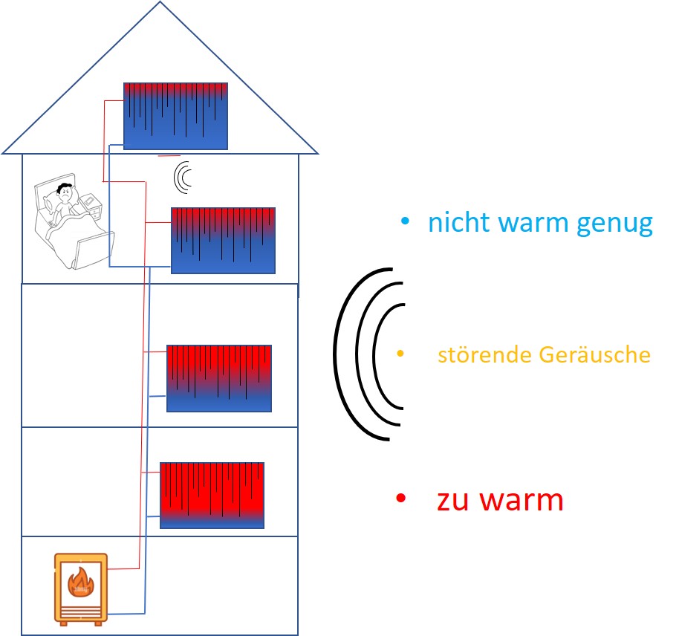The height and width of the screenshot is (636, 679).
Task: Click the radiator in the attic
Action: tap(175, 116)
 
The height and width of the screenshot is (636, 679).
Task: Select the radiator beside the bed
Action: tap(223, 240)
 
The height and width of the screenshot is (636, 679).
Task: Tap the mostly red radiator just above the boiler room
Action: tap(212, 495)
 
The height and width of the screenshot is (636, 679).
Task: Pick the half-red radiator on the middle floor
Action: tap(218, 377)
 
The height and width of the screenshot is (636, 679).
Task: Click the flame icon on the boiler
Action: tap(79, 580)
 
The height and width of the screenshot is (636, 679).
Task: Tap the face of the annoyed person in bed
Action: tap(65, 192)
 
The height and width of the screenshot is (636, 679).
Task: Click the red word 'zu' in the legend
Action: tap(454, 499)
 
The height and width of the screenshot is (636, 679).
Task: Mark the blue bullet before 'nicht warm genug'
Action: tap(405, 221)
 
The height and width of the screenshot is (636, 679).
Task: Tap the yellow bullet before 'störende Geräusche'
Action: tap(401, 354)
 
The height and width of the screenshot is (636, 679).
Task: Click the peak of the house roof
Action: tap(160, 4)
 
